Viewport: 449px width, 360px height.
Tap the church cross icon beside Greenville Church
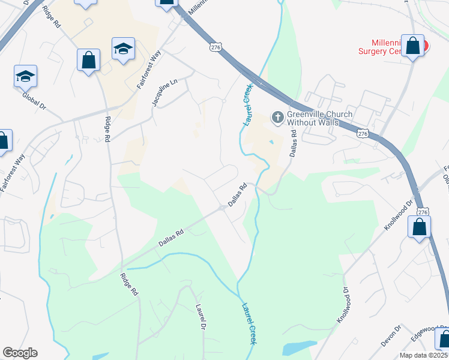tap(277, 116)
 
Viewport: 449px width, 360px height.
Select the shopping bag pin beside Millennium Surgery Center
tap(413, 46)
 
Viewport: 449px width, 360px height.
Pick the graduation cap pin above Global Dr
tap(25, 76)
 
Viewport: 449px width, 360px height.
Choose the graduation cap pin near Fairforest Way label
tap(123, 49)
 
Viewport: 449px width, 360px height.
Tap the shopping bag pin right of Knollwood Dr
tap(419, 227)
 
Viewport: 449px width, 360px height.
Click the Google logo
tap(20, 352)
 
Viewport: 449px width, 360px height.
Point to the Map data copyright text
tap(424, 355)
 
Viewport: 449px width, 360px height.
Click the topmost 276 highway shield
tap(215, 46)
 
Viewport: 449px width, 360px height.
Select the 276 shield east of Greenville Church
tap(361, 133)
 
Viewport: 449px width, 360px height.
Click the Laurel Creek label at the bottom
tap(249, 324)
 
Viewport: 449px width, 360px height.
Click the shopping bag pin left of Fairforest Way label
tap(88, 60)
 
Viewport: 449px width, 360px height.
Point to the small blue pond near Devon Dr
tap(298, 347)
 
